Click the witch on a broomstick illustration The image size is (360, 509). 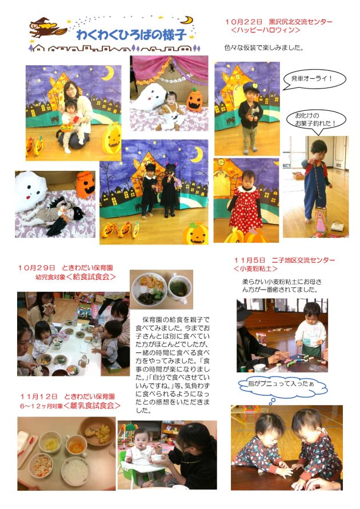[x=47, y=28]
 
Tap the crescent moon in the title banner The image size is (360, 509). [x=187, y=20]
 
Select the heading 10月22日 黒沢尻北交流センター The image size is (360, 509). [x=278, y=22]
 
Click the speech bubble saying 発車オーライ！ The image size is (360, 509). [x=314, y=79]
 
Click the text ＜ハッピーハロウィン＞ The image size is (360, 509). [x=265, y=30]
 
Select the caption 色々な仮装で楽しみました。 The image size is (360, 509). [x=263, y=48]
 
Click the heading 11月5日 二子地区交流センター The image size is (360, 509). [x=285, y=260]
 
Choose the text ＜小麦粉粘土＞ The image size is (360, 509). [x=256, y=269]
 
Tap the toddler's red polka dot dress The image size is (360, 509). [x=246, y=209]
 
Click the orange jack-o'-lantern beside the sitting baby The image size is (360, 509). [x=195, y=99]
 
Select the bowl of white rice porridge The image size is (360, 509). [x=75, y=471]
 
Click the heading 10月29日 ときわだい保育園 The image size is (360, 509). [x=66, y=268]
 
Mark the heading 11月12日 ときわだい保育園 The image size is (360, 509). [x=67, y=396]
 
